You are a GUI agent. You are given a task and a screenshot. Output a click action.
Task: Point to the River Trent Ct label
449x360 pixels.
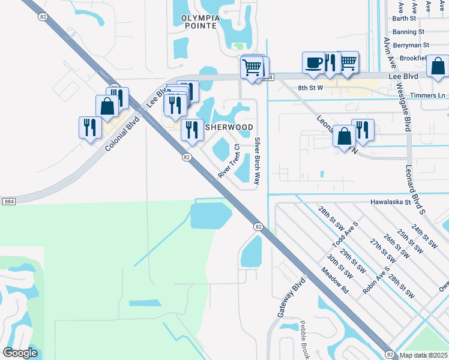pos(229,160)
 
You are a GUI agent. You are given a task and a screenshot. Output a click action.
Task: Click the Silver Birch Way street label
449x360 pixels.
pos(258,160)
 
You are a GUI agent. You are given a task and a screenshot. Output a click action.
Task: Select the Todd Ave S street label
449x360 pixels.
pos(345,235)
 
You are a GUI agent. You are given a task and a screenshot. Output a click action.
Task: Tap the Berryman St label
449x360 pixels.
pos(411,45)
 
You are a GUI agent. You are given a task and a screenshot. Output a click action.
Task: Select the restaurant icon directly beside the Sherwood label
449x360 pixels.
pos(192,130)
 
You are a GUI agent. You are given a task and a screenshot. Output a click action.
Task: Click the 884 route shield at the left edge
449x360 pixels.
pos(8,202)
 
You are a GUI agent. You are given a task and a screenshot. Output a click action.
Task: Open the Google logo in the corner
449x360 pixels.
pos(20,353)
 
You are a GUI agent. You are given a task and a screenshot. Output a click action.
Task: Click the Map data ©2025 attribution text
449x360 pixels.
pos(423,355)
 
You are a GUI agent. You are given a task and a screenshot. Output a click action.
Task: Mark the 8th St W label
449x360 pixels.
pos(311,88)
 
